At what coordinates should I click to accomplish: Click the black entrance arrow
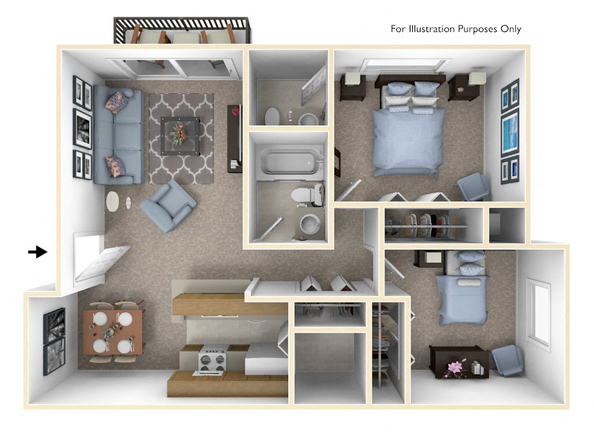(x=37, y=252)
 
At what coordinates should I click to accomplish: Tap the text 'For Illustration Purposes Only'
(x=456, y=28)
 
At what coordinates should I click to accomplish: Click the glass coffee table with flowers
(x=180, y=135)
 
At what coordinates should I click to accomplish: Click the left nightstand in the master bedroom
(x=352, y=86)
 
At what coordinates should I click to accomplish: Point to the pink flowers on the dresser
(x=457, y=367)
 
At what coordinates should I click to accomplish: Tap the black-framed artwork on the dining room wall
(x=54, y=341)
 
